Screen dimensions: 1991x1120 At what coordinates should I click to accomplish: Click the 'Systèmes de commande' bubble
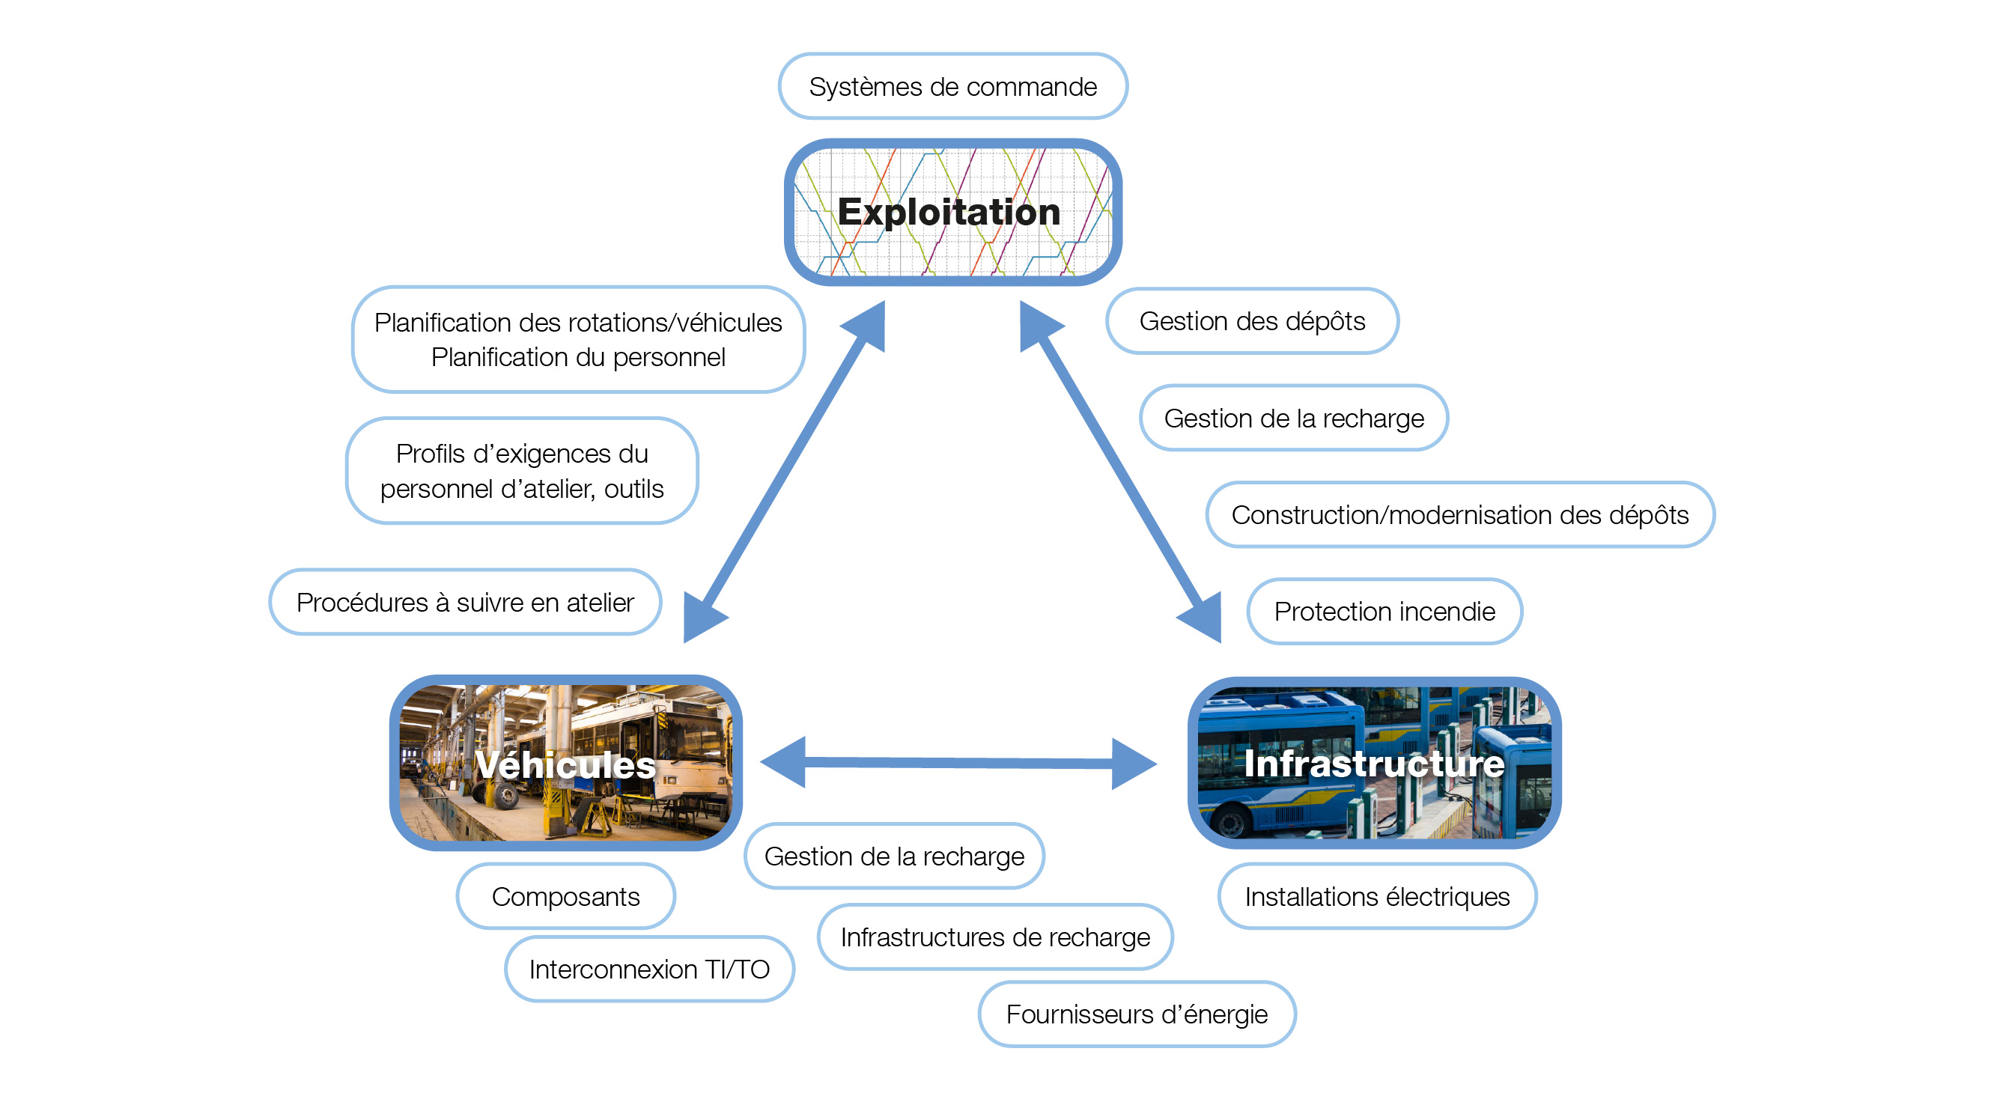click(x=952, y=86)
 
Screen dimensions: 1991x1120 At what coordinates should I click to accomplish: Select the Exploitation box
click(x=952, y=212)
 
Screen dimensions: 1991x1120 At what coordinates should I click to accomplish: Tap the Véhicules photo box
click(x=566, y=763)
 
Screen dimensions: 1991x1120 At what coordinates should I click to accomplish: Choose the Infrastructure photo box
click(x=1373, y=763)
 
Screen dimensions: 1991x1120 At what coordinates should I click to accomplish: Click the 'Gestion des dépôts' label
click(x=1252, y=320)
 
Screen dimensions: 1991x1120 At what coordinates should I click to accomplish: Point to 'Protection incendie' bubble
click(x=1384, y=612)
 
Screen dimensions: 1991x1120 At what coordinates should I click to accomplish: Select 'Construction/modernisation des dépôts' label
click(x=1459, y=515)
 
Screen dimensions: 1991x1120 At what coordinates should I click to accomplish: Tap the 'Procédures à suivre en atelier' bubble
click(x=465, y=602)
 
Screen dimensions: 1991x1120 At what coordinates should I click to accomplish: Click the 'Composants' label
click(x=566, y=897)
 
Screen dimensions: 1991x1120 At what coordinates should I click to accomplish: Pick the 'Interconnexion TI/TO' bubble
click(x=649, y=970)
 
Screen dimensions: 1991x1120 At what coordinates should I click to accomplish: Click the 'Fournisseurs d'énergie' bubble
click(x=1137, y=1014)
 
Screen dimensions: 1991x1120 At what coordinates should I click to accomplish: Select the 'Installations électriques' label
click(x=1376, y=897)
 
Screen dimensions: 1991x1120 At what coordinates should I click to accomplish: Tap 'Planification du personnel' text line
click(x=578, y=357)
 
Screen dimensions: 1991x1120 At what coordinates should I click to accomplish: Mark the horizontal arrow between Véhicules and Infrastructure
click(x=958, y=763)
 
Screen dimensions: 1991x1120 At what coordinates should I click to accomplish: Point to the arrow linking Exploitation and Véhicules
click(x=784, y=472)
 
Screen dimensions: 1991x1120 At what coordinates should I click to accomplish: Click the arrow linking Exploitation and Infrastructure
click(x=1121, y=472)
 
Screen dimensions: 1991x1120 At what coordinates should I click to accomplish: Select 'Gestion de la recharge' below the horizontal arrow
click(x=894, y=856)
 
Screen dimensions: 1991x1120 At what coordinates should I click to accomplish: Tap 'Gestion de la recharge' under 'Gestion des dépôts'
click(x=1294, y=419)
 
